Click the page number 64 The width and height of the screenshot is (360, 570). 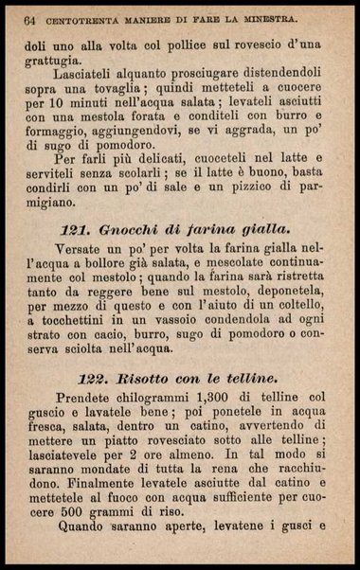click(29, 17)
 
